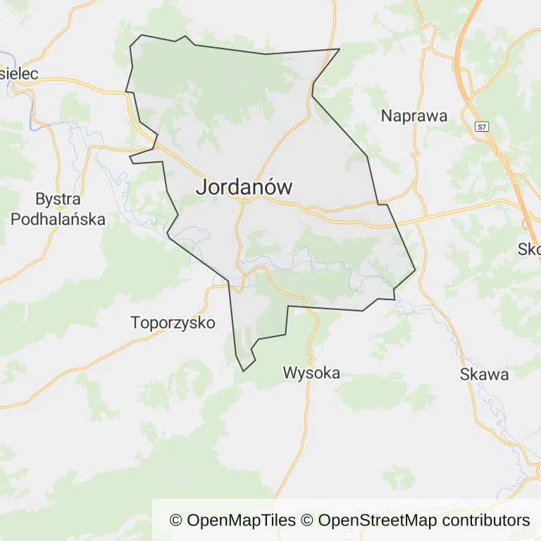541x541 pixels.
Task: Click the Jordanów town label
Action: pos(244,187)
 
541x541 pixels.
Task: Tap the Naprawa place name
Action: pos(414,116)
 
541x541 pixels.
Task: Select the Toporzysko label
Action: pos(173,323)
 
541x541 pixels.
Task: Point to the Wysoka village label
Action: pos(311,373)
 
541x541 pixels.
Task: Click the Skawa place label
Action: pos(484,374)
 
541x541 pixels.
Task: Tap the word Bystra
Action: pos(58,199)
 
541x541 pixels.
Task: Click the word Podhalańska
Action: pos(58,219)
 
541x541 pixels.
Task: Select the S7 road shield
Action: pos(481,128)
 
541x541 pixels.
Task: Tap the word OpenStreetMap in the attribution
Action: pos(377,521)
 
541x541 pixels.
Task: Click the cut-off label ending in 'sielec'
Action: pos(18,73)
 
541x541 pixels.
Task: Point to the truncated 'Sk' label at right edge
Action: pos(529,249)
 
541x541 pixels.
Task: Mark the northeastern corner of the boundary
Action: pos(340,49)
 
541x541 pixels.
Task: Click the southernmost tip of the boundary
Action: pos(244,371)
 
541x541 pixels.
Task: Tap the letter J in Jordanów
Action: pos(201,187)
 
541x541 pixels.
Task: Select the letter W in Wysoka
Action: pos(290,373)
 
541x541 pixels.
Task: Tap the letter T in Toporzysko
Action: pos(136,323)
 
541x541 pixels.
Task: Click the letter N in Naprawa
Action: pos(387,116)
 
